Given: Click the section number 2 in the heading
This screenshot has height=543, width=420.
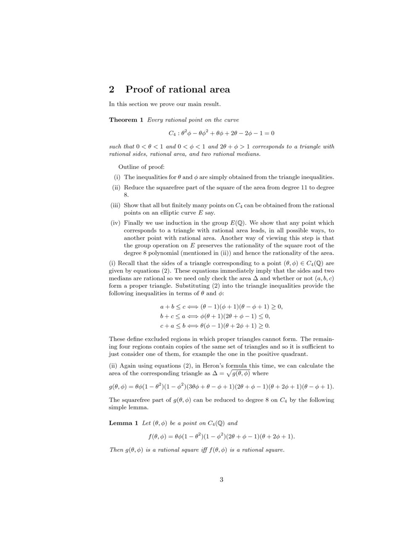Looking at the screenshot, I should pos(112,89).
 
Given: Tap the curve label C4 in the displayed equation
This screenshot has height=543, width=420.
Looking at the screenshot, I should pos(172,133).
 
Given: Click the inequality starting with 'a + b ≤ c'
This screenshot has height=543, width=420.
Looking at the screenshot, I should pos(221,307).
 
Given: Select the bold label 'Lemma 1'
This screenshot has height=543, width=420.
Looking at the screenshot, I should pos(123,423).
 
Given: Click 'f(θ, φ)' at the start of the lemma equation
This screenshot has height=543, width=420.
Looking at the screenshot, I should pos(158,436).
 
